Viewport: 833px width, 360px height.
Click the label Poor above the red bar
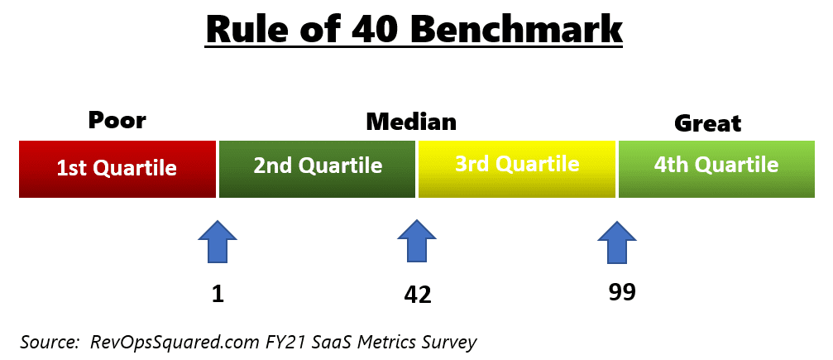[x=117, y=121]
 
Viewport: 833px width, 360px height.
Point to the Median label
[x=411, y=122]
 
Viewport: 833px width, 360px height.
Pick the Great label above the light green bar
[x=707, y=123]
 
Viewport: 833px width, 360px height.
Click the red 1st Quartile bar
[x=117, y=169]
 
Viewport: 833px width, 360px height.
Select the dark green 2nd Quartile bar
[x=317, y=169]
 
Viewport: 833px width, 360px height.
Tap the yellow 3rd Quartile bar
[x=517, y=169]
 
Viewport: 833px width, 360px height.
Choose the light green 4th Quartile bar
[x=716, y=169]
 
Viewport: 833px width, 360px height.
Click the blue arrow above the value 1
[x=218, y=242]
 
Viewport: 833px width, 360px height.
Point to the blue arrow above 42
[x=417, y=242]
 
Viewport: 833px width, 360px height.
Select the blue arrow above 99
[x=617, y=242]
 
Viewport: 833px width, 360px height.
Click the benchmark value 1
[x=218, y=294]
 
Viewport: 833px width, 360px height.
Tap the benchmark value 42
[x=418, y=295]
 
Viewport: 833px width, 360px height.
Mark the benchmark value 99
[x=622, y=292]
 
